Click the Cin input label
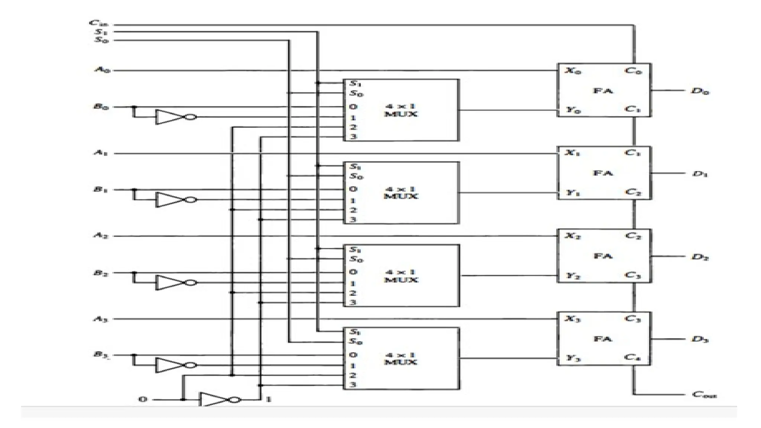(98, 23)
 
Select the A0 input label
(102, 69)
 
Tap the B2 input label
(101, 273)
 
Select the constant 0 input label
(143, 399)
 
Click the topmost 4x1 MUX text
(401, 110)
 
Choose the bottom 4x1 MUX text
(401, 359)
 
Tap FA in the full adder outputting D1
(603, 173)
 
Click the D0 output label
(700, 91)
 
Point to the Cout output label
(704, 395)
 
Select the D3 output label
(700, 339)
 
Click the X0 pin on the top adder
(573, 70)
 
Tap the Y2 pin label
(573, 276)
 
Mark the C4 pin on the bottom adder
(632, 357)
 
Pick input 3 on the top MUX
(353, 137)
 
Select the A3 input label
(101, 319)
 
